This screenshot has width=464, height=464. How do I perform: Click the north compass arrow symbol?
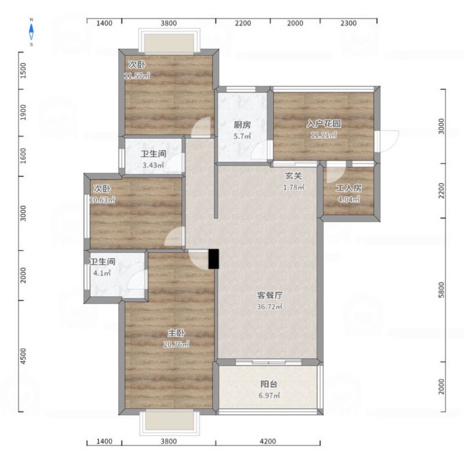click(31, 32)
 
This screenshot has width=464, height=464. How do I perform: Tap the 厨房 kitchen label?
click(242, 125)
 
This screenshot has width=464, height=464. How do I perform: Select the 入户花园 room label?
click(323, 123)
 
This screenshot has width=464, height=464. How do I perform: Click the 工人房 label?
click(349, 188)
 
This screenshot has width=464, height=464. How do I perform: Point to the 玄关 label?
click(293, 176)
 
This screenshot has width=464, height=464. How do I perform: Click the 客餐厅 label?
click(270, 295)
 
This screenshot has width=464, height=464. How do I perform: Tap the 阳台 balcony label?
click(269, 384)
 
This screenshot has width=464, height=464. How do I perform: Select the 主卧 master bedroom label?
click(176, 333)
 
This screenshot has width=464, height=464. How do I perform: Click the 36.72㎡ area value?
click(270, 307)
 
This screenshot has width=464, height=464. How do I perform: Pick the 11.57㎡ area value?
click(137, 76)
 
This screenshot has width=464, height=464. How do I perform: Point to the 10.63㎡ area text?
click(102, 200)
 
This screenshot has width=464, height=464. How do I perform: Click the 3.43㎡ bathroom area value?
click(153, 165)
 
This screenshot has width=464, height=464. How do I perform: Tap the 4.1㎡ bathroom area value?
click(102, 273)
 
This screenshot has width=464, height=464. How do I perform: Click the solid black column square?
click(213, 259)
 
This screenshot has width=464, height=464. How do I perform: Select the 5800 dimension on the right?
click(441, 290)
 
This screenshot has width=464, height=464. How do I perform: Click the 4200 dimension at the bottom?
click(268, 441)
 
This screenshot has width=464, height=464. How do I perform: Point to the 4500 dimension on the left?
click(23, 356)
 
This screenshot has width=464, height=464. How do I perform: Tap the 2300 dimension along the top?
click(349, 23)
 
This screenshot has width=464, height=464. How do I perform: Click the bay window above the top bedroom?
click(169, 41)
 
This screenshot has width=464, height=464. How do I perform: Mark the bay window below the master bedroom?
click(169, 422)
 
